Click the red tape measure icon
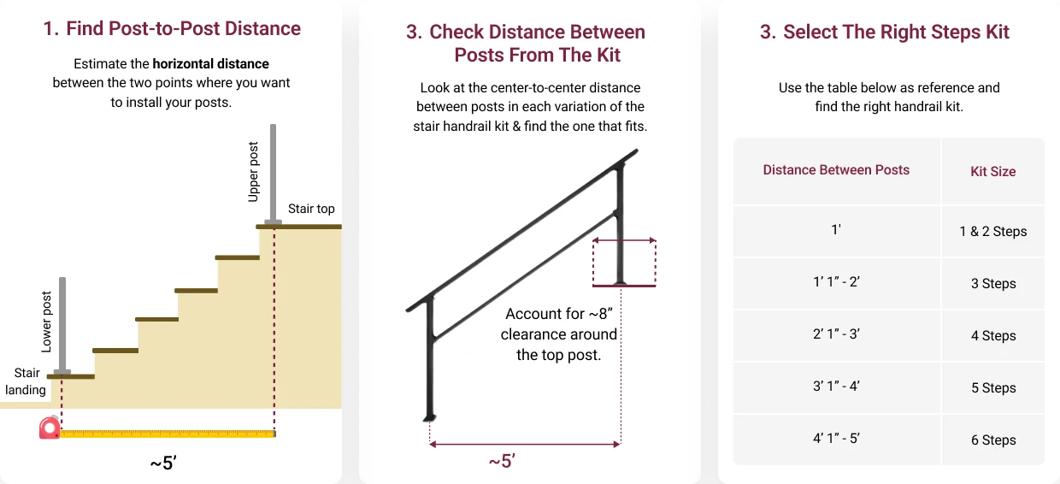point(50,428)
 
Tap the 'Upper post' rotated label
point(254,172)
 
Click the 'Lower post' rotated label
point(46,322)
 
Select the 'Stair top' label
point(311,209)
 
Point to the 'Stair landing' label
point(26,381)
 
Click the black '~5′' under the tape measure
point(163,463)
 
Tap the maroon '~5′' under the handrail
point(502,461)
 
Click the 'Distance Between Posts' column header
point(836,170)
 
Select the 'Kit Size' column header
point(992,171)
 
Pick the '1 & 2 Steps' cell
point(992,231)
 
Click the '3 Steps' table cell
point(993,283)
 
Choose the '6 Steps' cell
point(993,440)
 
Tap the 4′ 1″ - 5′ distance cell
point(836,438)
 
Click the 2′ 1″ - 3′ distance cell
point(836,333)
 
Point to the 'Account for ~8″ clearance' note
point(559,334)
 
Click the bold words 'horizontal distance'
point(210,64)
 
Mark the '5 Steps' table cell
point(993,388)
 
